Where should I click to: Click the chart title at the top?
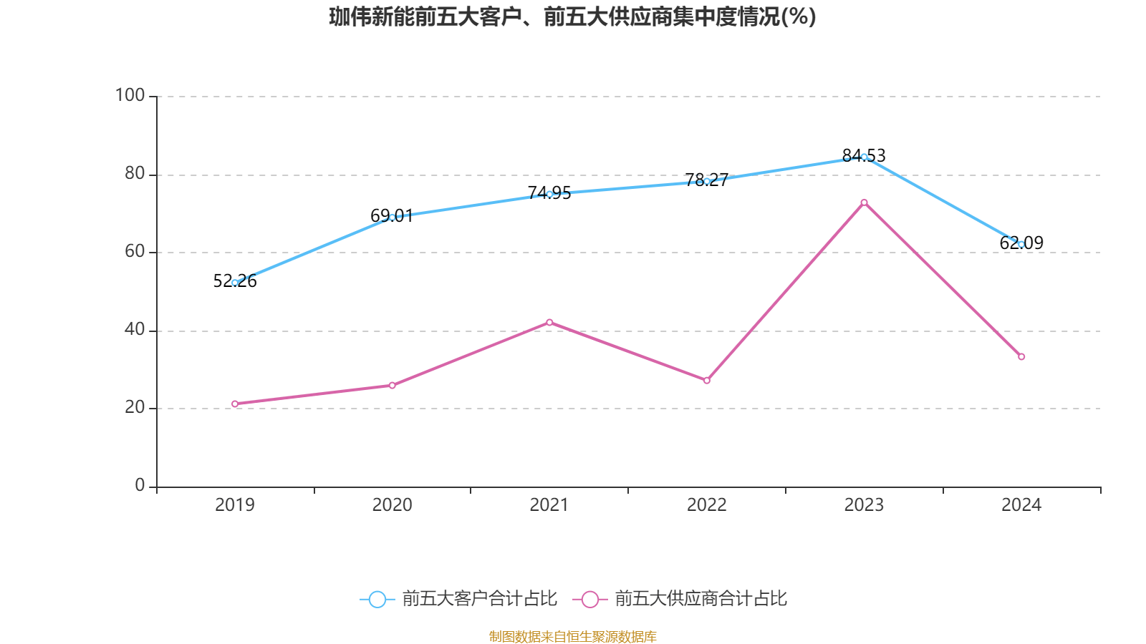(x=572, y=16)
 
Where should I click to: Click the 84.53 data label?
(x=864, y=155)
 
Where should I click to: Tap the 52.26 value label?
(x=235, y=281)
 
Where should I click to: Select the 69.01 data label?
(x=392, y=216)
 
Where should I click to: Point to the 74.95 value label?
(x=549, y=193)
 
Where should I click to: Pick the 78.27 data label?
(x=707, y=180)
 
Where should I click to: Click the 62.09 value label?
(x=1021, y=243)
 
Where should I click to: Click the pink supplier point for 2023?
(x=865, y=203)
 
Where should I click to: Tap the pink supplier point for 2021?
(x=549, y=322)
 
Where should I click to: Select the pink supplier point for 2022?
(x=707, y=381)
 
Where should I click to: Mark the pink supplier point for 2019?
(x=235, y=404)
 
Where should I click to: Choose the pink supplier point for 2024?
(x=1021, y=357)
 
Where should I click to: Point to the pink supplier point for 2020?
(x=393, y=386)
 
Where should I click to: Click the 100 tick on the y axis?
(x=130, y=95)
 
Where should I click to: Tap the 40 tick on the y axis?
(x=135, y=330)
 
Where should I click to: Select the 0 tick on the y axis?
(x=140, y=486)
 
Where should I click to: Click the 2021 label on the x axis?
(x=549, y=505)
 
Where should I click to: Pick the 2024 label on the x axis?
(x=1021, y=505)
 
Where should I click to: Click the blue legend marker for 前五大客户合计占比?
(x=377, y=599)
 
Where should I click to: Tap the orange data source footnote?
(x=572, y=636)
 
